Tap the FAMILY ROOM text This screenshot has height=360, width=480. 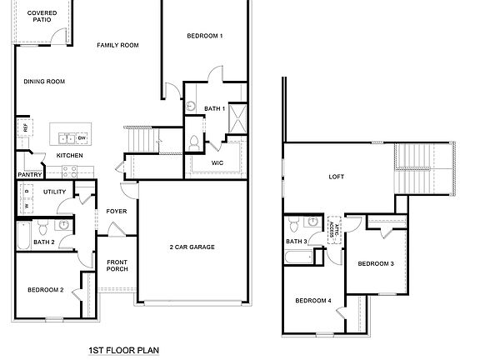pos(117,45)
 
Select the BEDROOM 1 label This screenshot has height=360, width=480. pos(204,36)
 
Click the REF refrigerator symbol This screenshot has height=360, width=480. pos(25,127)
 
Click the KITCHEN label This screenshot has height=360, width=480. pos(69,156)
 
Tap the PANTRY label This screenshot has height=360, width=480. pos(29,175)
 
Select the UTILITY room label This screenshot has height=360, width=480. pos(55,192)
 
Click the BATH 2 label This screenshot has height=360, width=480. pos(43,242)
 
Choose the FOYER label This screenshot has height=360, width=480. pos(117,212)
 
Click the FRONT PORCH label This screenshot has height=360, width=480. pos(117,266)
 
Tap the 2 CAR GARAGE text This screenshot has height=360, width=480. pos(192,247)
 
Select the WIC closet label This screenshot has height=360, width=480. pos(217,162)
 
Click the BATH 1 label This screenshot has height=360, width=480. pos(215,109)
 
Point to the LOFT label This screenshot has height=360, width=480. pos(337,177)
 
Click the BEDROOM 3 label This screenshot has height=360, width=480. pos(376,264)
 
